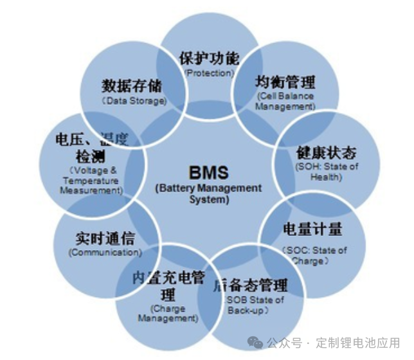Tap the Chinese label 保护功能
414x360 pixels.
[209, 59]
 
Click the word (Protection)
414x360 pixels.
[209, 73]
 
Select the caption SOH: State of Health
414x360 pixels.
[326, 172]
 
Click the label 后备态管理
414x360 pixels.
[249, 285]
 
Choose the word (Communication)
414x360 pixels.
[104, 253]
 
